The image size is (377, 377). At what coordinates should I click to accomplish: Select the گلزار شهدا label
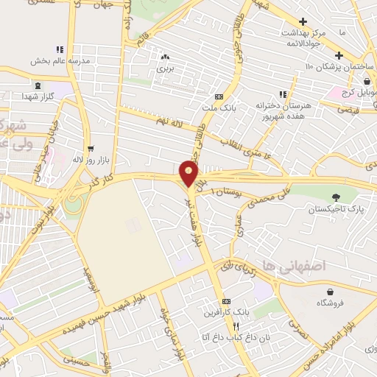[x=38, y=97]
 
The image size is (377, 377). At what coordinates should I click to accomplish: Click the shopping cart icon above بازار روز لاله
[x=90, y=148]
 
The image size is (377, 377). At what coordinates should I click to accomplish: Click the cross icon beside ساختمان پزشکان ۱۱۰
[x=339, y=55]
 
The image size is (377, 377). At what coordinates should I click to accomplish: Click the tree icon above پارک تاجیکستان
[x=336, y=197]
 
